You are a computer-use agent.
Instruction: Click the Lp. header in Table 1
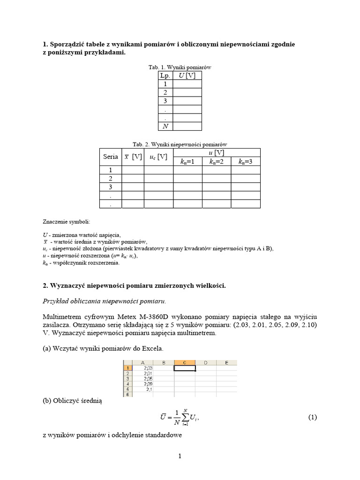pyautogui.click(x=165, y=75)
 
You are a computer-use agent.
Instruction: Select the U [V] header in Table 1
pyautogui.click(x=187, y=75)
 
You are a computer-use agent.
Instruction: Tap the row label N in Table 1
pyautogui.click(x=165, y=126)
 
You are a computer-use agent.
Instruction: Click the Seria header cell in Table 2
pyautogui.click(x=111, y=157)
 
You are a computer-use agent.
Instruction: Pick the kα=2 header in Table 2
pyautogui.click(x=217, y=162)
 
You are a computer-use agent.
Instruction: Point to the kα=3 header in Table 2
pyautogui.click(x=246, y=162)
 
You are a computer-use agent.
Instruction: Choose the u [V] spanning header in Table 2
pyautogui.click(x=217, y=152)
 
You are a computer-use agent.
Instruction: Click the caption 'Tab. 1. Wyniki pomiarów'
pyautogui.click(x=180, y=67)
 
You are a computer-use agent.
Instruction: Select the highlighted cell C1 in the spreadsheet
pyautogui.click(x=185, y=368)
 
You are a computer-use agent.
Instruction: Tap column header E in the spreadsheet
pyautogui.click(x=226, y=362)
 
